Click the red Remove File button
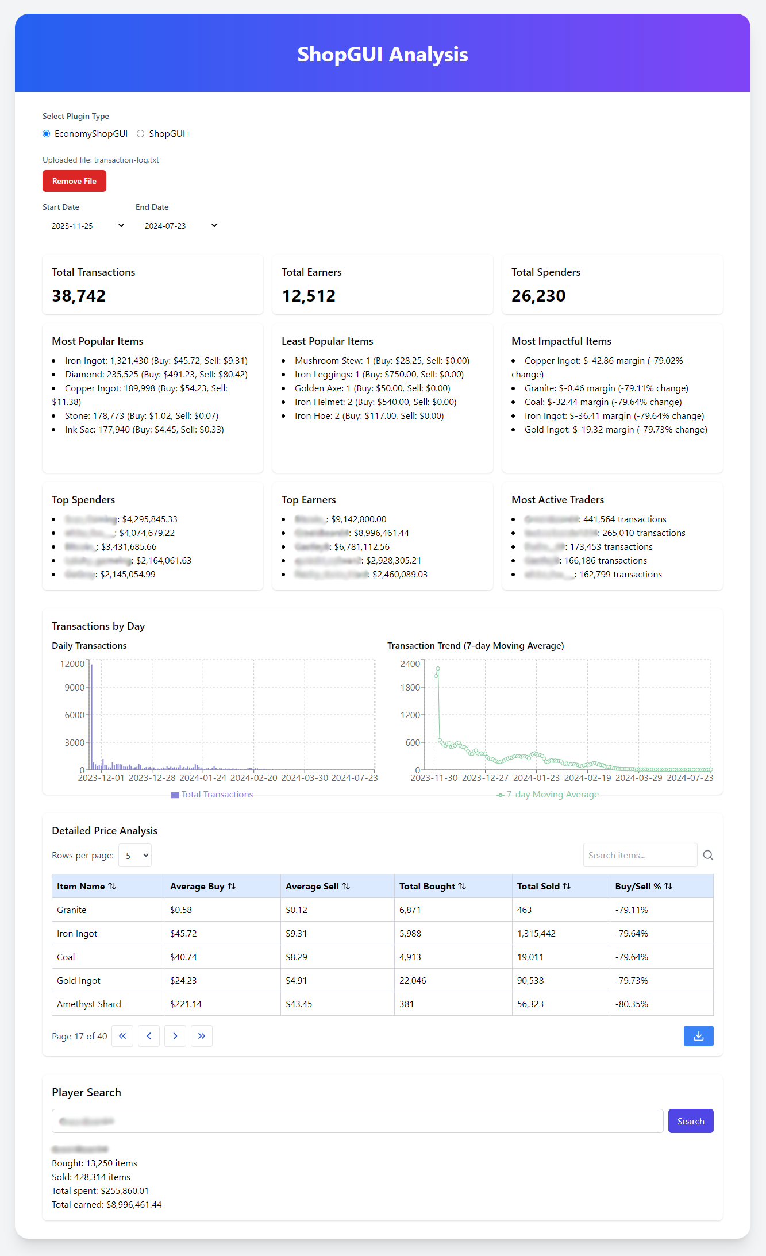74,181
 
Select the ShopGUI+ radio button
141,134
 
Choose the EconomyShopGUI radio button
47,134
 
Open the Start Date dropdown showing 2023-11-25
87,226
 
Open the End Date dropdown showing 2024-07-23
180,226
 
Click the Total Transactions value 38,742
79,296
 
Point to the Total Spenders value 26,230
538,296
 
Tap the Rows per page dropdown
135,856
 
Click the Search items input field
640,856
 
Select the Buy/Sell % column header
643,887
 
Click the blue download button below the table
698,1036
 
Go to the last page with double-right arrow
202,1036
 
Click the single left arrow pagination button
149,1036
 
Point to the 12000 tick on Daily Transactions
72,664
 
